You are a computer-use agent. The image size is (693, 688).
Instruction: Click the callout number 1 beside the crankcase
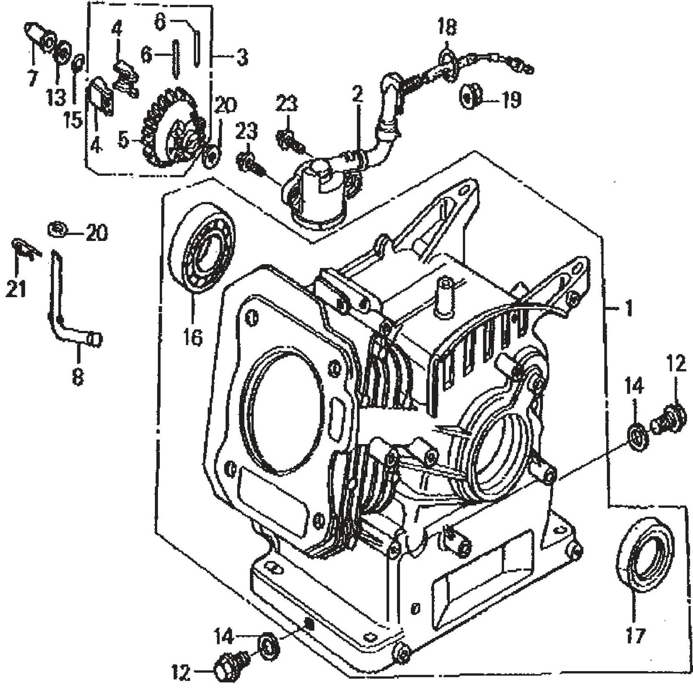tap(628, 308)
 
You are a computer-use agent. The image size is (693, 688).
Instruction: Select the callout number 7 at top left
tap(33, 77)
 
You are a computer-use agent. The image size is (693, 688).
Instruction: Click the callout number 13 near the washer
tap(56, 98)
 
